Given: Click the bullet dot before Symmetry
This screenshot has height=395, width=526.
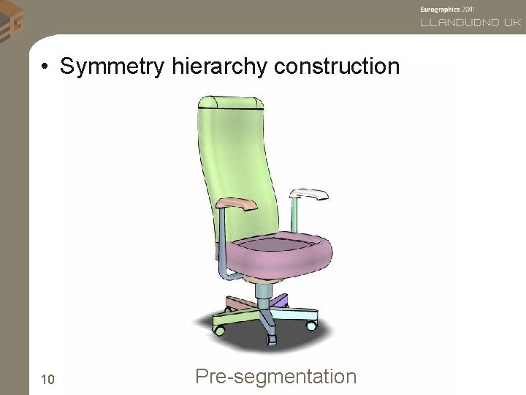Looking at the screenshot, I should click(45, 68).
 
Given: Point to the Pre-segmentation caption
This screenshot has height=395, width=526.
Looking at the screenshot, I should click(276, 377).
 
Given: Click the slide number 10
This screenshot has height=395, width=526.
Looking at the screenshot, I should click(48, 379).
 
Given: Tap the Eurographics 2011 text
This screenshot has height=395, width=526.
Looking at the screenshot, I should click(448, 9).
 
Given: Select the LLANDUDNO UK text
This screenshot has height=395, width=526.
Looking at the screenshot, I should click(470, 23).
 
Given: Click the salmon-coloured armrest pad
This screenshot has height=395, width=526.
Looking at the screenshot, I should click(238, 204).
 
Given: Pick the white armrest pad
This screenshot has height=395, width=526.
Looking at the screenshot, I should click(310, 195).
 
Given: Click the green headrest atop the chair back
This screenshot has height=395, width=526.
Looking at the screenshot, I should click(230, 103).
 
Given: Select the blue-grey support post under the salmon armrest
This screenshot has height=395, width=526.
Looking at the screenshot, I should click(223, 241).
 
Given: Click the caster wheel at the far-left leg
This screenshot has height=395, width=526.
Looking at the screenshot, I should click(218, 330).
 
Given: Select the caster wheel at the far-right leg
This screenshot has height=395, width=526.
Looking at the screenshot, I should click(312, 323).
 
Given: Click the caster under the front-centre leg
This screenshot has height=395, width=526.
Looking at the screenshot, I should click(272, 339).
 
